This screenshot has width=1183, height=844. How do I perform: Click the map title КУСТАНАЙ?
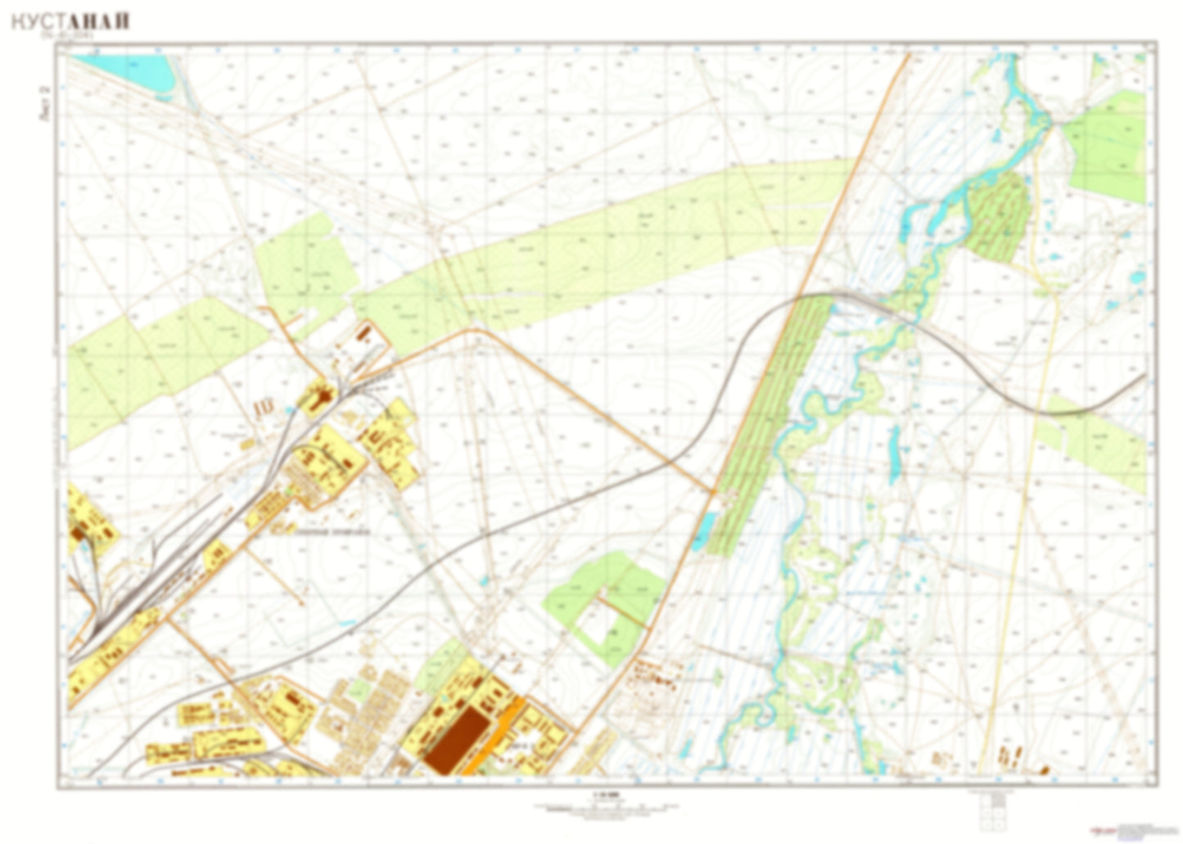click(70, 21)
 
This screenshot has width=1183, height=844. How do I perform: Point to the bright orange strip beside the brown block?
click(496, 734)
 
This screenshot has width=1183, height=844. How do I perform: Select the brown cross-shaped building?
click(319, 398)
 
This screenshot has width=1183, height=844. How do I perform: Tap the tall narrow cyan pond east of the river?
click(895, 451)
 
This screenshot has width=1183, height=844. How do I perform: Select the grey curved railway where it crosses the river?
click(896, 314)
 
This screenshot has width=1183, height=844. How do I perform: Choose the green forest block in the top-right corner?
click(1108, 147)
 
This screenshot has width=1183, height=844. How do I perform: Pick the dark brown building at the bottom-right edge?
click(1045, 769)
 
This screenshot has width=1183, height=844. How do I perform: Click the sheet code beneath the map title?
click(70, 36)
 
